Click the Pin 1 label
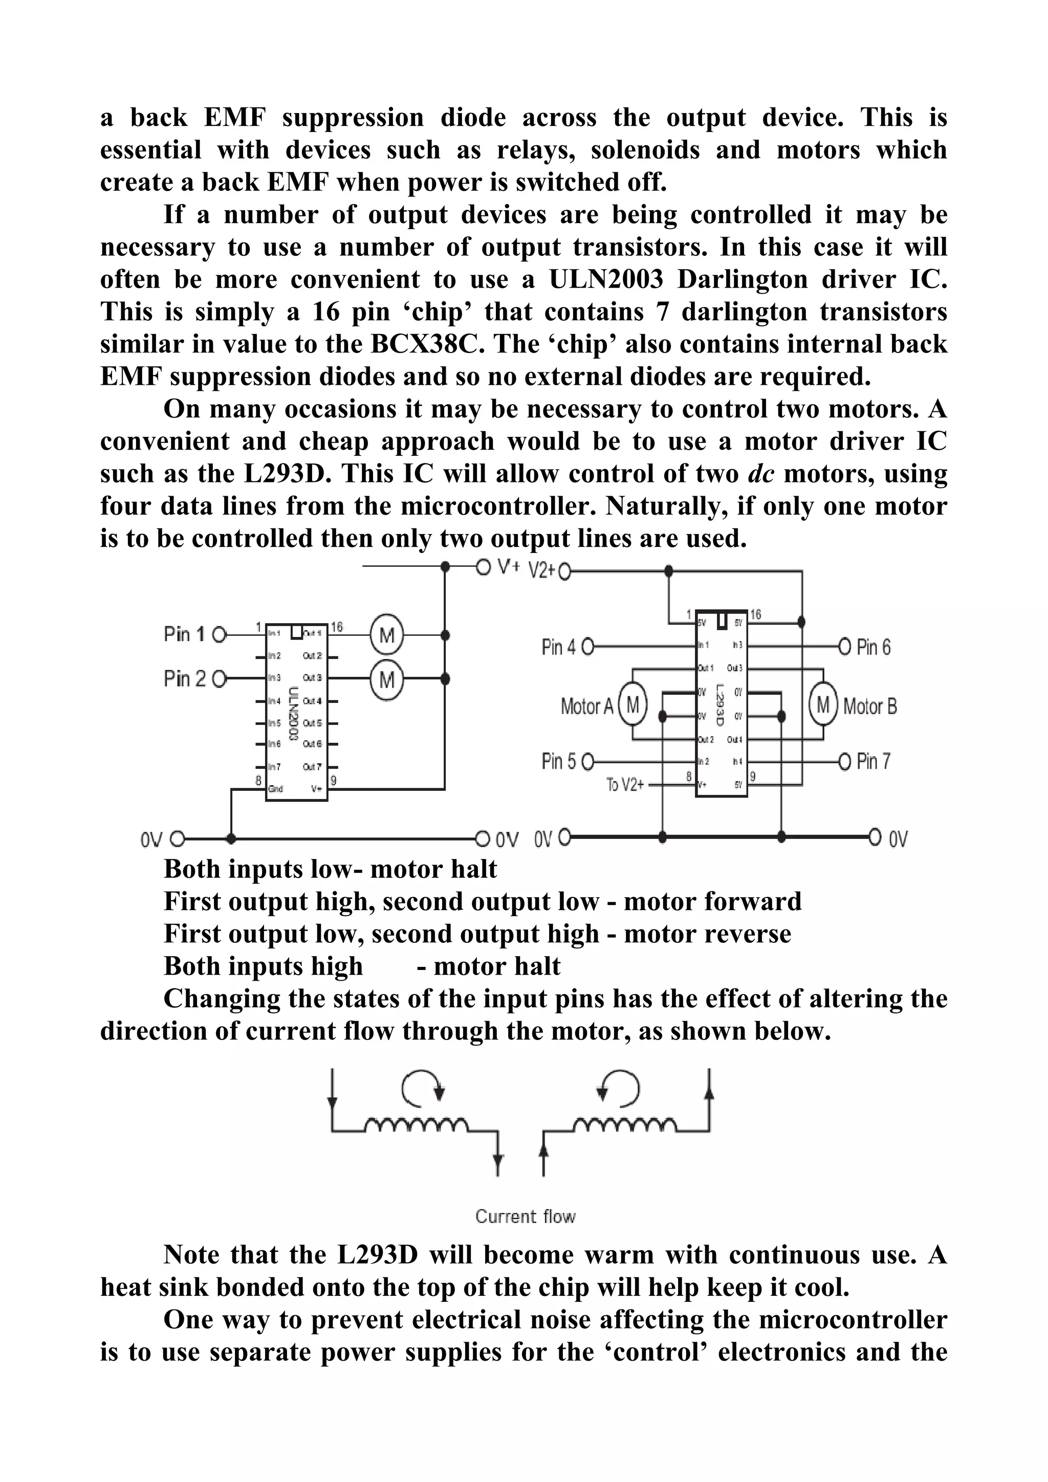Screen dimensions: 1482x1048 click(x=184, y=634)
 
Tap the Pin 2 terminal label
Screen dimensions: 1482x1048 click(x=184, y=679)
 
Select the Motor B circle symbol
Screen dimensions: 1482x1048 click(x=823, y=705)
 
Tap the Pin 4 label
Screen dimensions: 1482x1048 click(x=559, y=647)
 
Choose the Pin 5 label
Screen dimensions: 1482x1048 click(x=559, y=762)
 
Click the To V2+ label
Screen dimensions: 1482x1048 click(x=625, y=785)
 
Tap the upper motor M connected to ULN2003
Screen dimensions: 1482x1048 click(x=387, y=636)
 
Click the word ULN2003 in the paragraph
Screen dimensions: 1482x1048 click(x=606, y=279)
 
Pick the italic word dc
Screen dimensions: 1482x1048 click(x=760, y=474)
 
